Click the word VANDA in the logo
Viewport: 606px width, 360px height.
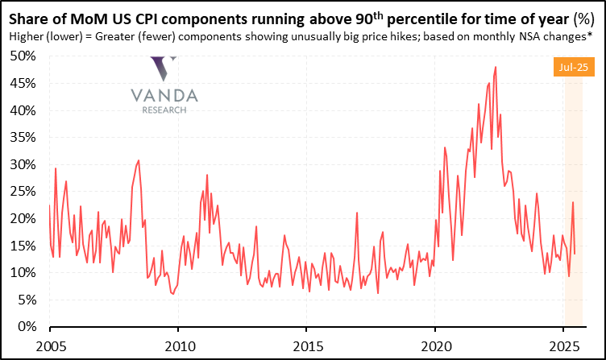pyautogui.click(x=164, y=96)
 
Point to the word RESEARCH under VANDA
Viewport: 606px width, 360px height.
pyautogui.click(x=164, y=110)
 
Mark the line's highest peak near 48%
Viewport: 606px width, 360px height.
pyautogui.click(x=495, y=67)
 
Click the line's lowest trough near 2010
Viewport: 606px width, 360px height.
pyautogui.click(x=173, y=294)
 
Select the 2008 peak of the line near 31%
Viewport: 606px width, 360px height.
pyautogui.click(x=139, y=160)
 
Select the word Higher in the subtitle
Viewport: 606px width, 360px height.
pyautogui.click(x=24, y=37)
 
